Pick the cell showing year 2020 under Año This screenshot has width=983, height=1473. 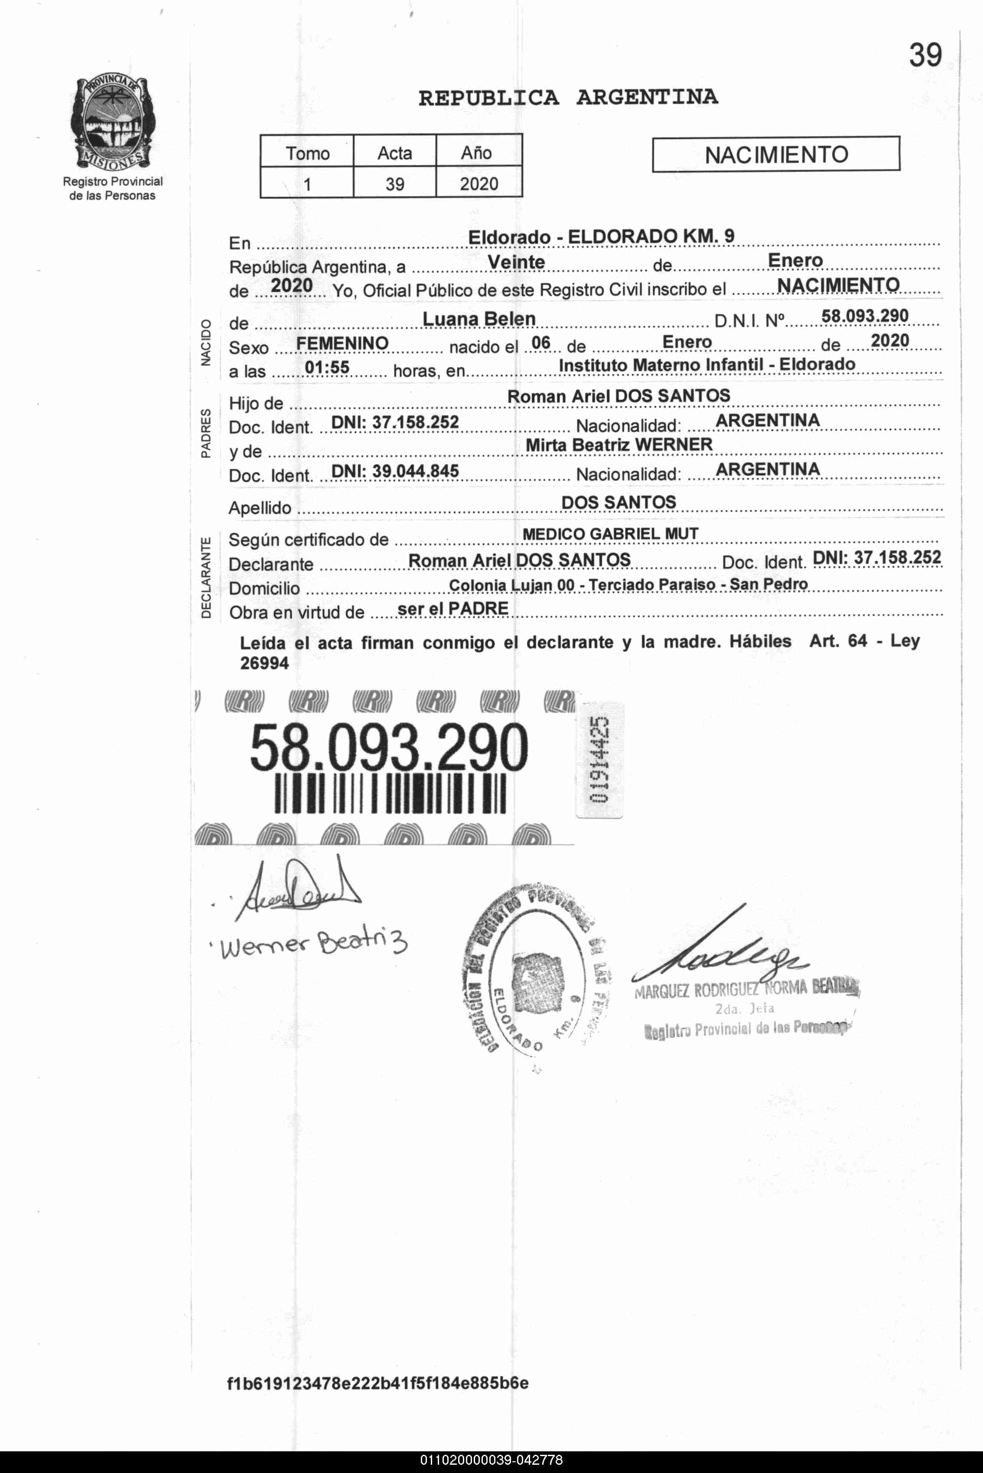(x=478, y=184)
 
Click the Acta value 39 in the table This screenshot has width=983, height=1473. (x=394, y=184)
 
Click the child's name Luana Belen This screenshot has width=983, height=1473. (x=479, y=319)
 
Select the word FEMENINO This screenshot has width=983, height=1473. (x=342, y=343)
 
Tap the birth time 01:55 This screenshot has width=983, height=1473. (x=327, y=367)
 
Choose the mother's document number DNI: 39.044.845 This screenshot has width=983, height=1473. (x=395, y=471)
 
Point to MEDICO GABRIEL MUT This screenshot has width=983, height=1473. (x=610, y=534)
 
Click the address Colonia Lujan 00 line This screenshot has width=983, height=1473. (x=628, y=585)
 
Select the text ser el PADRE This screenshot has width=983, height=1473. (x=452, y=609)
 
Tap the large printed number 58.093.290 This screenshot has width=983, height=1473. (x=389, y=748)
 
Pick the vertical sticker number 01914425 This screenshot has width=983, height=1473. (x=599, y=760)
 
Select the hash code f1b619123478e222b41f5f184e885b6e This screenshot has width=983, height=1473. (x=378, y=1383)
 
